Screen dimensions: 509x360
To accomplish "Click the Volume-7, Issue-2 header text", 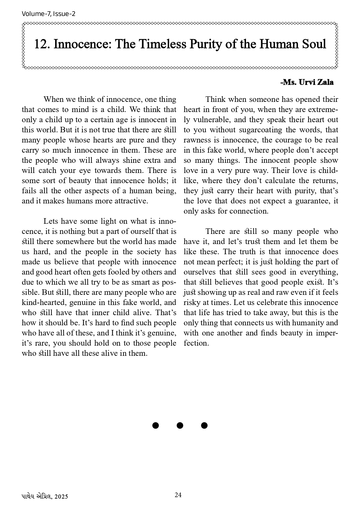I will tap(48, 14).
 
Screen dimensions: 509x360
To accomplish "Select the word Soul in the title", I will tap(313, 44).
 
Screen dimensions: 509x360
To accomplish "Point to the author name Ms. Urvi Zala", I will tap(307, 82).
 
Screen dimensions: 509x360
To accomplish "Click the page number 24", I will tap(178, 495).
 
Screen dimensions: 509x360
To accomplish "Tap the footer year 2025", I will tap(61, 497).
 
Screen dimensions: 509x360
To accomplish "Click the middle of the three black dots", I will tap(180, 425).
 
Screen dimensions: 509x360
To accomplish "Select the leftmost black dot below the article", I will tap(155, 425).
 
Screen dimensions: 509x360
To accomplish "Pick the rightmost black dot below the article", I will tap(204, 425).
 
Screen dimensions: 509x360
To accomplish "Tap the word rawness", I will tap(198, 140).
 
